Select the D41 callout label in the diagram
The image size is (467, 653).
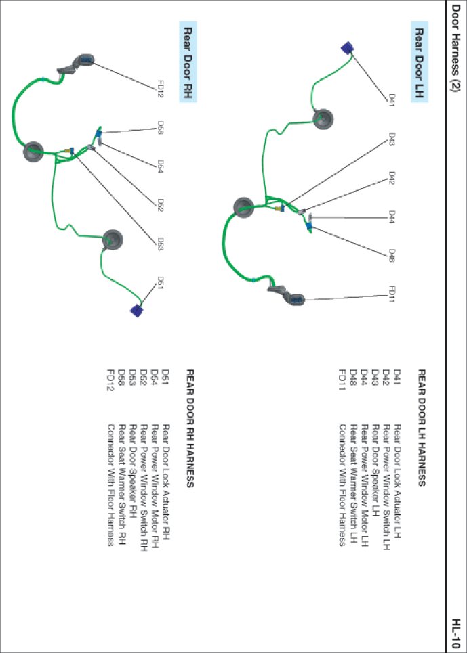[x=392, y=99]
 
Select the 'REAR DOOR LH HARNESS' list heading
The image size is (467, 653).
[x=421, y=427]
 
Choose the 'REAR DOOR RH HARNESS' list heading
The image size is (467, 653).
[x=190, y=428]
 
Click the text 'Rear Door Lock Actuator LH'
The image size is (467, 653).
[x=398, y=472]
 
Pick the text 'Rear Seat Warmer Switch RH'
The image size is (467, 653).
[x=122, y=475]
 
